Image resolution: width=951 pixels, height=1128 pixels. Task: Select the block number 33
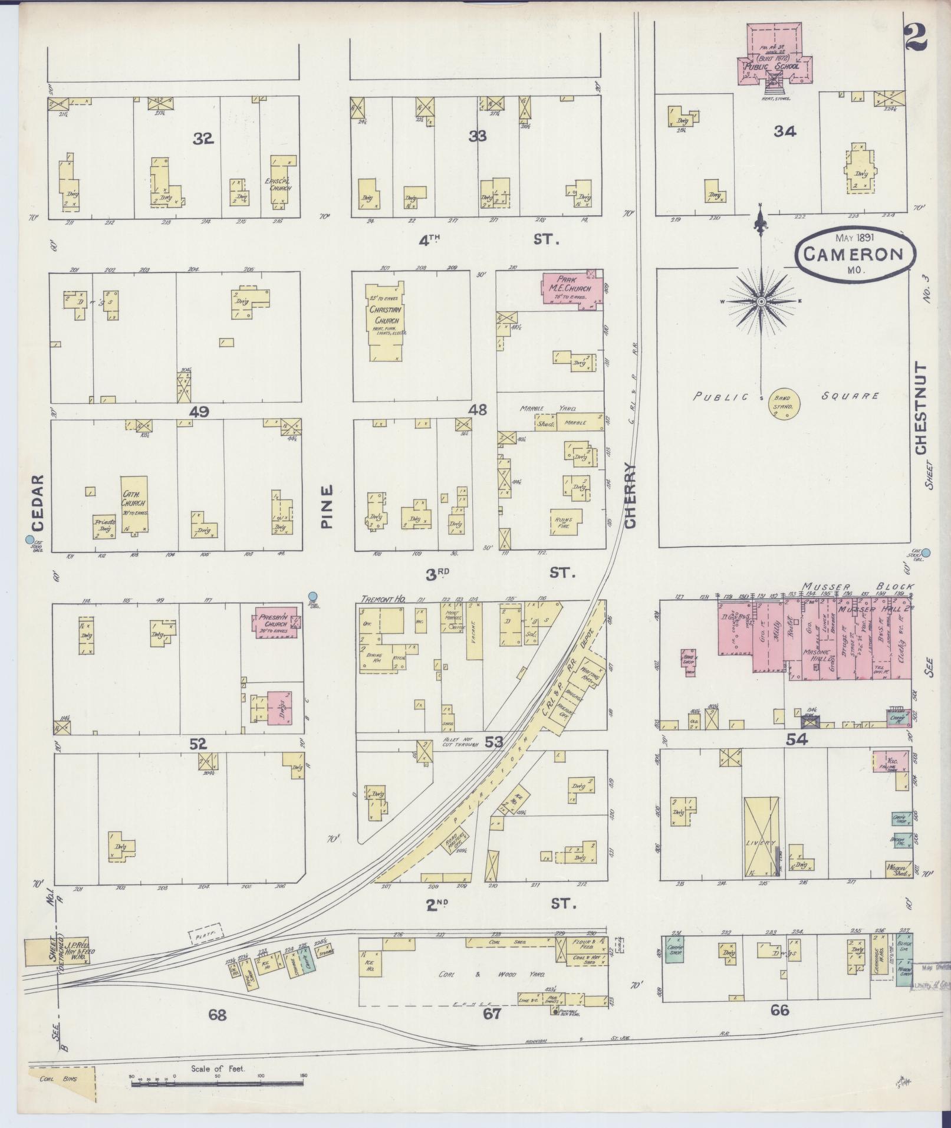click(x=478, y=136)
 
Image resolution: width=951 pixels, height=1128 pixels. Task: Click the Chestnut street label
click(x=922, y=408)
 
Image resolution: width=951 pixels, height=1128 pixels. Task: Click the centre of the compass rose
click(x=761, y=301)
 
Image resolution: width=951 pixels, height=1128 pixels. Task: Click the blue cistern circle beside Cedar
click(x=29, y=539)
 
